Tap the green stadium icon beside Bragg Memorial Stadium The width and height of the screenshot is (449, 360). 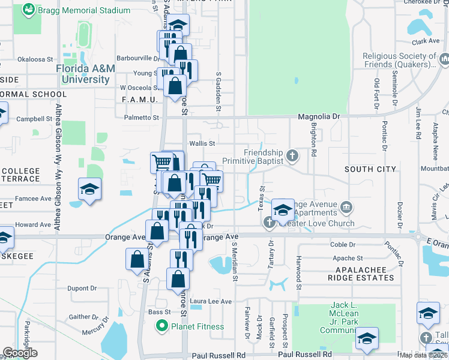click(x=28, y=10)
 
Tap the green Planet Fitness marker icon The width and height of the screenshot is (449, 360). click(x=161, y=327)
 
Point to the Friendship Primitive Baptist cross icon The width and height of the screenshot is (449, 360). click(x=292, y=157)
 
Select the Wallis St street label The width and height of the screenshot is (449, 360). click(x=202, y=143)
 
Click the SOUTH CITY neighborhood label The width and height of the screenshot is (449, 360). click(x=370, y=170)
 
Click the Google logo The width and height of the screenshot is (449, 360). click(x=20, y=353)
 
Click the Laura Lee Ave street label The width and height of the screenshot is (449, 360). click(x=211, y=301)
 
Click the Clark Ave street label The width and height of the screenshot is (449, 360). click(x=426, y=42)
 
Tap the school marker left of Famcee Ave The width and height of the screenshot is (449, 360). click(x=89, y=190)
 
